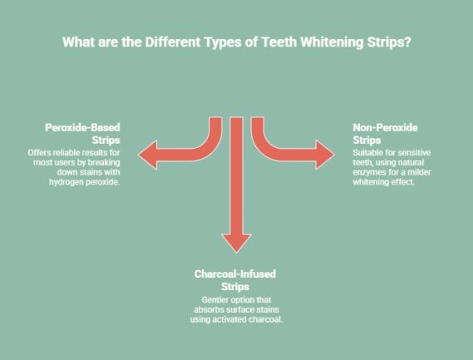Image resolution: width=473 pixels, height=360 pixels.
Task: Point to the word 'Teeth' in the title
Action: tap(274, 42)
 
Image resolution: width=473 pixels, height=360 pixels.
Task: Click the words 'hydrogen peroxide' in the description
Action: tap(85, 182)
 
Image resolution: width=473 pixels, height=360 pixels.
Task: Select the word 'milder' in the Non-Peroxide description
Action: tap(426, 172)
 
